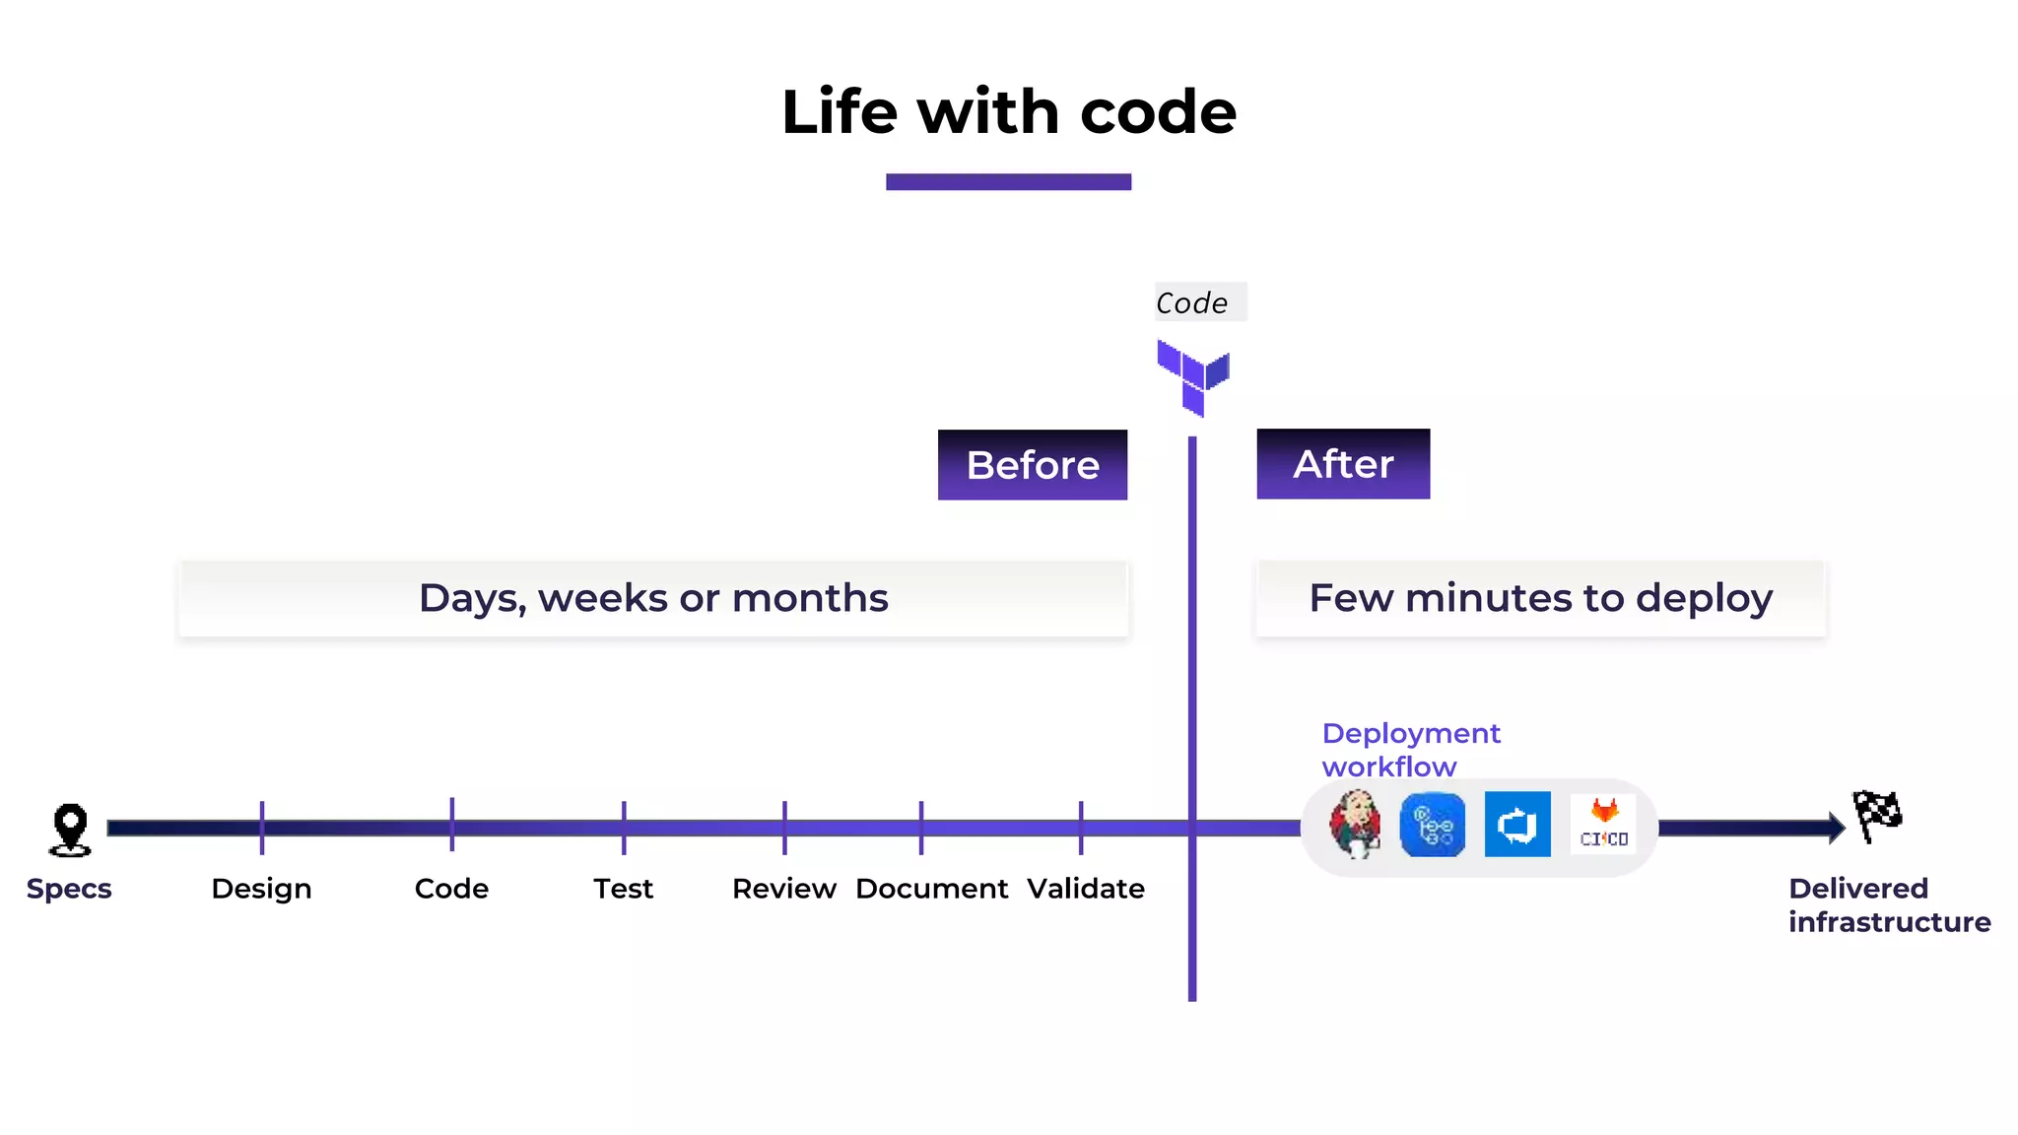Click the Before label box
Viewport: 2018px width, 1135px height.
tap(1032, 465)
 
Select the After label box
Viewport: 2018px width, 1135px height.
tap(1343, 464)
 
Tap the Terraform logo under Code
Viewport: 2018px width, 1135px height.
tap(1192, 377)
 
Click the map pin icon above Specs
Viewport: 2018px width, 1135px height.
tap(70, 829)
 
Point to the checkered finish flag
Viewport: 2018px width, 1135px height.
tap(1877, 816)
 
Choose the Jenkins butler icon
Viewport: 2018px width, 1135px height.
tap(1355, 825)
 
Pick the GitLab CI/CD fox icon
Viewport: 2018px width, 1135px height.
tap(1604, 824)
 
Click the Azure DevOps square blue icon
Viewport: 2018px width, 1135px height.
tap(1517, 825)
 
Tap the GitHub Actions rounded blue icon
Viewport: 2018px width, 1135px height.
tap(1433, 825)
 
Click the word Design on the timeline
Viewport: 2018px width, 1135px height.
tap(261, 889)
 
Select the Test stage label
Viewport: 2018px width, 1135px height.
tap(623, 889)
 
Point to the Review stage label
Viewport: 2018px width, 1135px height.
tap(784, 889)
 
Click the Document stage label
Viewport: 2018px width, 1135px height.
tap(931, 889)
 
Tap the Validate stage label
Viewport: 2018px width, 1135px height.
tap(1086, 889)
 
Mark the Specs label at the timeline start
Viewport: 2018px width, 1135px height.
tap(69, 889)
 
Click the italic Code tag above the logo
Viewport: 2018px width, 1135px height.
tap(1192, 302)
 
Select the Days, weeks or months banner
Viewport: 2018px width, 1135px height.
tap(653, 599)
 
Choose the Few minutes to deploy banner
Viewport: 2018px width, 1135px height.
tap(1540, 599)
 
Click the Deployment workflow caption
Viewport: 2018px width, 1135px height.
tap(1410, 750)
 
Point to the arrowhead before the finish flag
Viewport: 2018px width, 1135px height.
tap(1837, 828)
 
